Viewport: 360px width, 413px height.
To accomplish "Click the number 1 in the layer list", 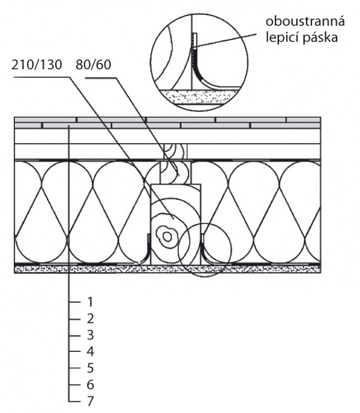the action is tap(90, 302).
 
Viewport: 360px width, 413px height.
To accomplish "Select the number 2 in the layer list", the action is tap(90, 319).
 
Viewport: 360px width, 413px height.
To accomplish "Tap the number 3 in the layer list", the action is tap(90, 335).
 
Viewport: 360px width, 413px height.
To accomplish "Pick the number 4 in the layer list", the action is tap(90, 351).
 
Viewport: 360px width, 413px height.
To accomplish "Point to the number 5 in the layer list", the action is tap(90, 368).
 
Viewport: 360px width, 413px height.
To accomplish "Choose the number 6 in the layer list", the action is tap(90, 385).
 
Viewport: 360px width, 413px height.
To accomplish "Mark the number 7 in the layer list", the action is tap(90, 401).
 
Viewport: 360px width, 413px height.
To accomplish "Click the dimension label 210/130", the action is tap(37, 65).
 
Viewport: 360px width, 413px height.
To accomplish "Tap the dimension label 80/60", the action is tap(94, 65).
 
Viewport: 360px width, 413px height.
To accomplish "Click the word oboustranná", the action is tap(305, 22).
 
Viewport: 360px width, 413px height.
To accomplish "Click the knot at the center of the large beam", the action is tap(167, 237).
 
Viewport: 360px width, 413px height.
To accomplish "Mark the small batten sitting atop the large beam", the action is tap(175, 172).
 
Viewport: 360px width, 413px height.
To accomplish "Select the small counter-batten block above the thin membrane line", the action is tap(175, 152).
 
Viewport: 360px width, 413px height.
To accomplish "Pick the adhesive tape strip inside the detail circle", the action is tap(194, 41).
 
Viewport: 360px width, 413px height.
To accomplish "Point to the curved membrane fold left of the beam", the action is tap(146, 250).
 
